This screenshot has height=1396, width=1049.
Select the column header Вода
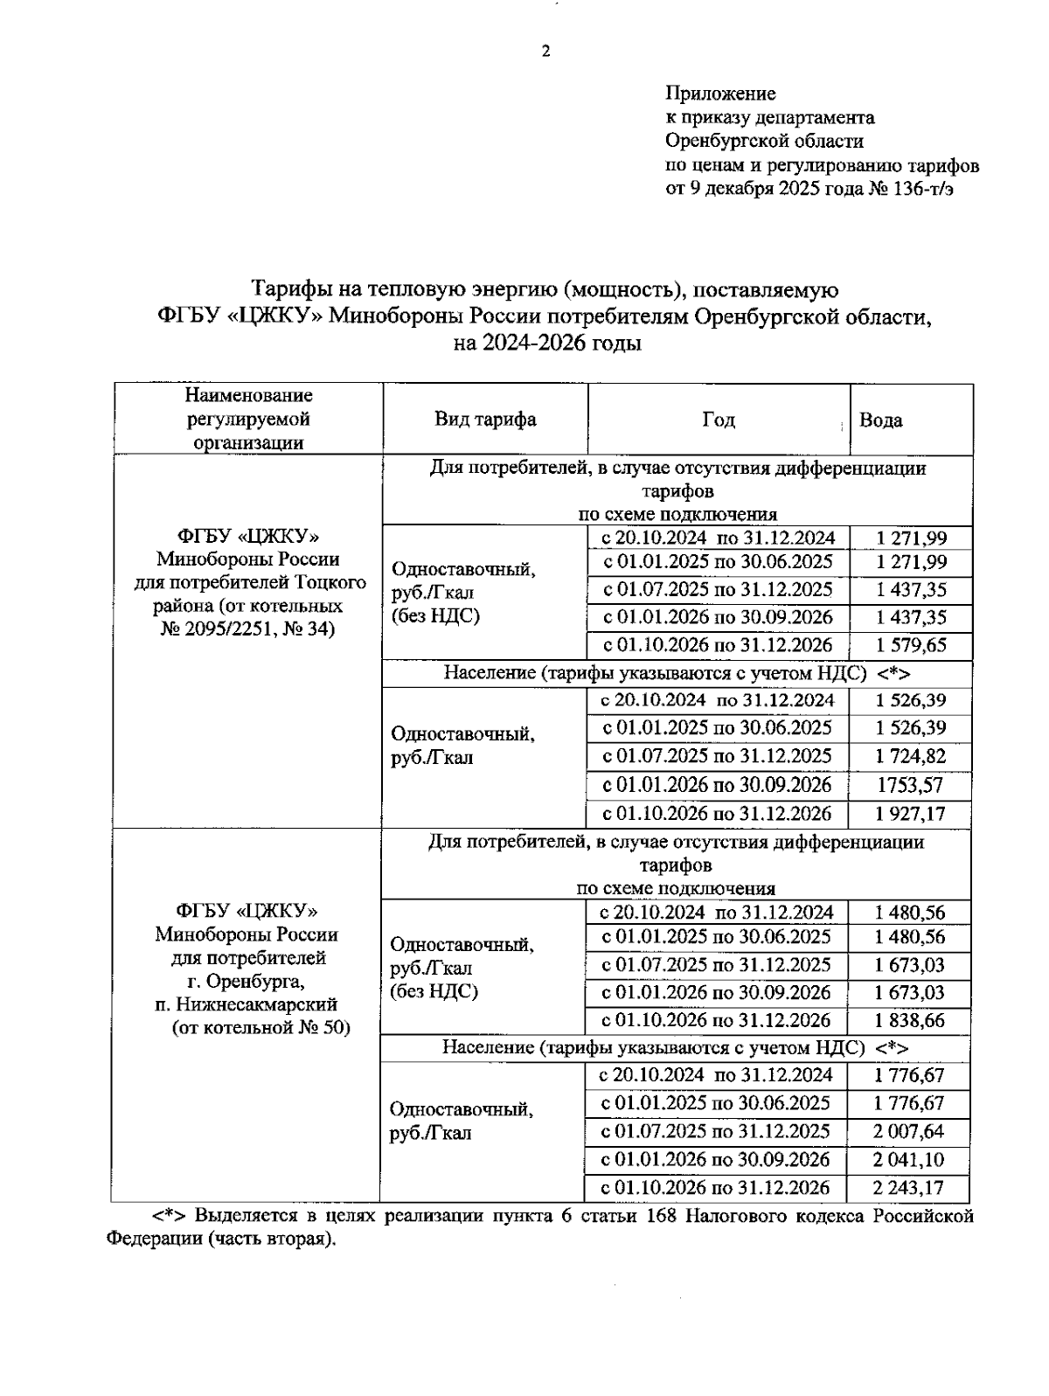click(x=880, y=420)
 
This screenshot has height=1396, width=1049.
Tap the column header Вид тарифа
click(x=485, y=419)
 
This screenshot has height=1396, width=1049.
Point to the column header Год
click(x=718, y=420)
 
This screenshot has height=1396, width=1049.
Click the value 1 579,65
click(x=911, y=646)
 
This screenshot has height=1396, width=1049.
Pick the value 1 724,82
click(x=911, y=756)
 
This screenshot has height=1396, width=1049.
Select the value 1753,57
click(x=911, y=785)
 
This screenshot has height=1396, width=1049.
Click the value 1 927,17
click(x=911, y=814)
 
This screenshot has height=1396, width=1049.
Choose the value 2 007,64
click(x=909, y=1131)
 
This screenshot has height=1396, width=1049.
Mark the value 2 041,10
click(x=909, y=1160)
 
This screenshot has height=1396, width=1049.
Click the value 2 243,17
click(x=909, y=1189)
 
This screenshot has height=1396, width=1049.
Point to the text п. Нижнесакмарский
click(x=247, y=1004)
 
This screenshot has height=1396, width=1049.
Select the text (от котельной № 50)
click(x=260, y=1028)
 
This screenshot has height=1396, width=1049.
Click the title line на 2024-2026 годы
click(x=547, y=344)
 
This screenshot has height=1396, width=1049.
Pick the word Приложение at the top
click(x=720, y=93)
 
